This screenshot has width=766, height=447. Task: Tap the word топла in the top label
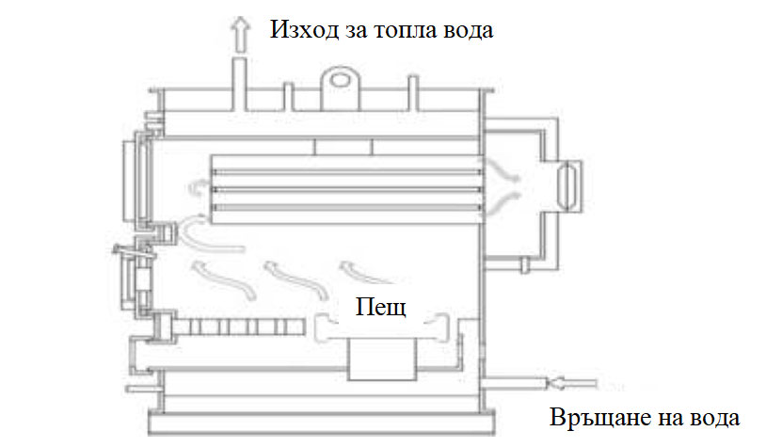click(x=405, y=29)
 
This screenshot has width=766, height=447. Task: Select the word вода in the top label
click(x=466, y=29)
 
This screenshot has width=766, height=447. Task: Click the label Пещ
click(x=380, y=307)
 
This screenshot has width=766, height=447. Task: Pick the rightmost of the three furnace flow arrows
click(x=361, y=272)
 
